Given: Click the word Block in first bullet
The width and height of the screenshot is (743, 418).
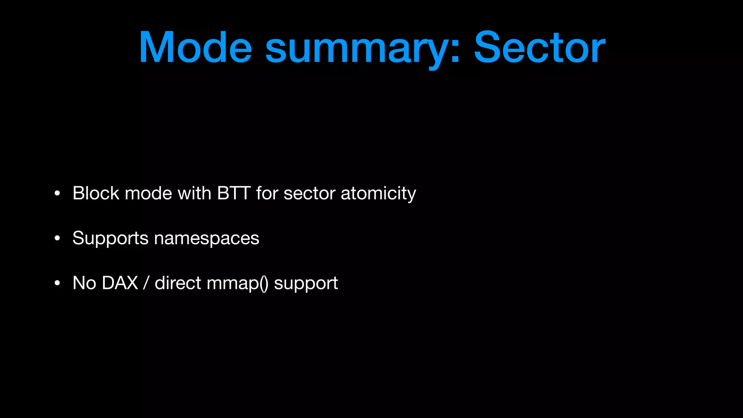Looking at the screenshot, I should (96, 193).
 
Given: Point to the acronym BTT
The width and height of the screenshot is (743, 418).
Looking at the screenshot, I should (234, 193).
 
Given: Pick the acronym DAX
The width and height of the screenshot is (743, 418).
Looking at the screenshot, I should (120, 283).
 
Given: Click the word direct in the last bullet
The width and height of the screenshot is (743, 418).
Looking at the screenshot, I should (178, 283).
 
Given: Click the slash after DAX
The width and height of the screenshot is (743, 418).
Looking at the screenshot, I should (146, 283).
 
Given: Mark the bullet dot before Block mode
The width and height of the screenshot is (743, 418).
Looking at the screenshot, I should (57, 194).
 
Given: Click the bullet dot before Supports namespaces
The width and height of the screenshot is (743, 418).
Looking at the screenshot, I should (57, 239).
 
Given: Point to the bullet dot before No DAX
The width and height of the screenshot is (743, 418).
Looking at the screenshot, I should (57, 283).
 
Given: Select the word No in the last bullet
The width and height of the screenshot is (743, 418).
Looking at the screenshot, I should (84, 283).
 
